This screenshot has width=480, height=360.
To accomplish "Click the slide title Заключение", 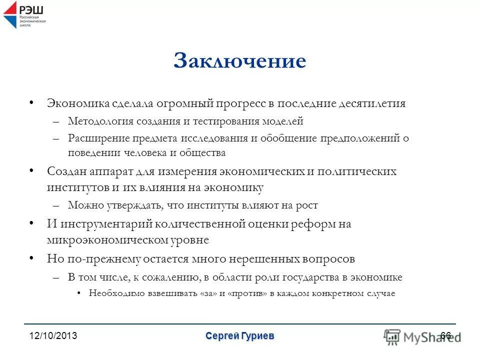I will click(x=239, y=61).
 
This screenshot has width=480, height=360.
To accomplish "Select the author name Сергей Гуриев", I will click(x=239, y=336).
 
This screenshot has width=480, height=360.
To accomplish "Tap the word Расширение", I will click(x=98, y=138).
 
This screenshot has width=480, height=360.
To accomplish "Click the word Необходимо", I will click(x=114, y=293).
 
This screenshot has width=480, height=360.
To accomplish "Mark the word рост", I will click(x=306, y=205).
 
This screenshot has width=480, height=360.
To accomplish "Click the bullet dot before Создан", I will click(x=31, y=170).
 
